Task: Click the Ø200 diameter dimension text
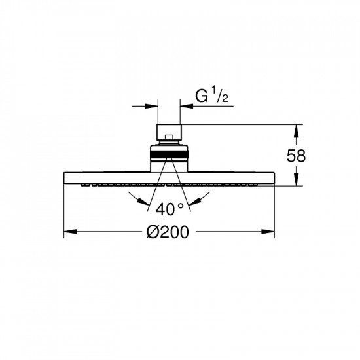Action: point(168,232)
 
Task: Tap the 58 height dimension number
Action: point(296,156)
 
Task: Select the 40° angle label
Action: point(170,209)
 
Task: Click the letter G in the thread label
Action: point(202,96)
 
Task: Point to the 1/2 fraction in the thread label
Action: point(220,96)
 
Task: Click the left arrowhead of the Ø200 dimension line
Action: point(70,232)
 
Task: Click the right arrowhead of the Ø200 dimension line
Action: point(268,232)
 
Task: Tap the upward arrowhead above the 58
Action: point(296,132)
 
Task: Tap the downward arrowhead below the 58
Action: point(296,179)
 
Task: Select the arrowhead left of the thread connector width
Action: point(152,106)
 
